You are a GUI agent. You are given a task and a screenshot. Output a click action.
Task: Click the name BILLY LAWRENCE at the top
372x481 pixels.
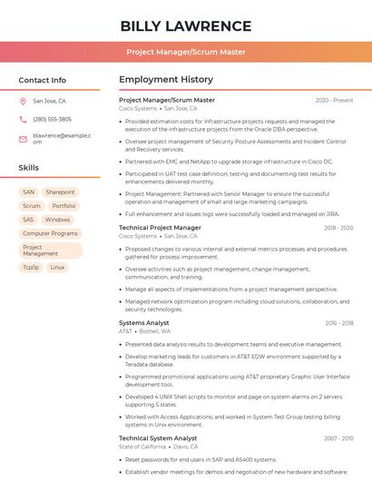185,25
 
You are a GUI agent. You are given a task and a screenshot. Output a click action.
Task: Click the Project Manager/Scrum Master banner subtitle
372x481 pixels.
185,52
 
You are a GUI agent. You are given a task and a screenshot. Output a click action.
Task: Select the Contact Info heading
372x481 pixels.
42,80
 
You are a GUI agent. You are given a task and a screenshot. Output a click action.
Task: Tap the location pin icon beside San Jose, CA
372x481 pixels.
23,102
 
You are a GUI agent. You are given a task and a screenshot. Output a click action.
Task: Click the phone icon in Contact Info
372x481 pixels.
23,119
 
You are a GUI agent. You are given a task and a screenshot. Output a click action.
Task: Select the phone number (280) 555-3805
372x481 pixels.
52,119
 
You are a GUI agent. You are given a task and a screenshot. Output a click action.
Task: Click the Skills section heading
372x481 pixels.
29,168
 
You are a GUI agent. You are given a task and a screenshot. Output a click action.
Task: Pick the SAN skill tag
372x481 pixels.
29,192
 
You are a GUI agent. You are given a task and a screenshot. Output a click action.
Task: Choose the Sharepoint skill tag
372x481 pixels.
61,192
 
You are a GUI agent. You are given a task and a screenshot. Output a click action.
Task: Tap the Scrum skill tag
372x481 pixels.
32,206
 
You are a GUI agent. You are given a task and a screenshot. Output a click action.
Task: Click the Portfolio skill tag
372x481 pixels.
64,206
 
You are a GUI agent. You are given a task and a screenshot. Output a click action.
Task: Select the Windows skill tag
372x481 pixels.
57,220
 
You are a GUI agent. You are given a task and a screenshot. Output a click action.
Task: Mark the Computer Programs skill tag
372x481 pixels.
50,233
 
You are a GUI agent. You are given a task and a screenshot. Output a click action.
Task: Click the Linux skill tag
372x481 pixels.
57,268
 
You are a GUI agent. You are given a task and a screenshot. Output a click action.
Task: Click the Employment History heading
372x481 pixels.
166,80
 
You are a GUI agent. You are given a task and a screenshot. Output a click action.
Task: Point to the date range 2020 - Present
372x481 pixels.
334,101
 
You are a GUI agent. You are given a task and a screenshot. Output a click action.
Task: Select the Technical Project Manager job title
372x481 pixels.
160,228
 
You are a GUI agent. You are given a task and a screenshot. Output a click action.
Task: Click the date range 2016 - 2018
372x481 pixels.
338,323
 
